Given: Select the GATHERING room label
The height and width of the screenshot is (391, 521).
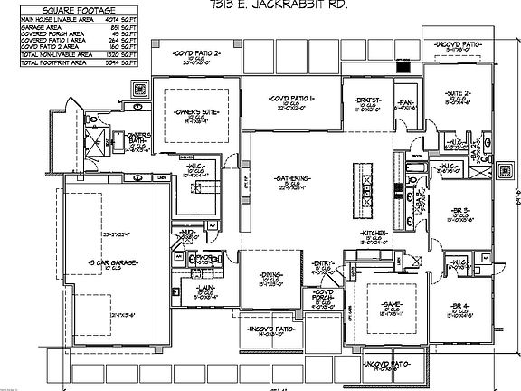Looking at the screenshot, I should (293, 177).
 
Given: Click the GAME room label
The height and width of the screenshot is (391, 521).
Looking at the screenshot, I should (391, 306).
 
